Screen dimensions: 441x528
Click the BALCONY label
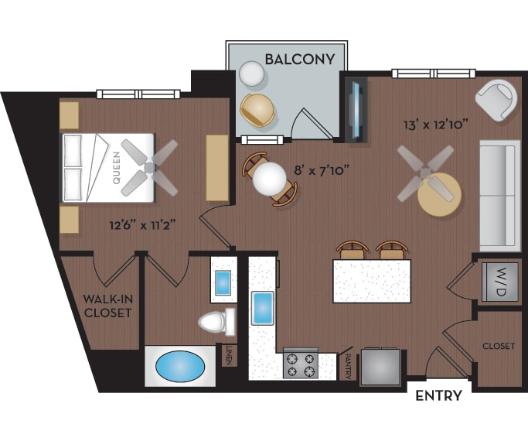click(299, 59)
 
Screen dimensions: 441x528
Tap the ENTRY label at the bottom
click(438, 396)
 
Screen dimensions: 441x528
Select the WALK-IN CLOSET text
click(108, 306)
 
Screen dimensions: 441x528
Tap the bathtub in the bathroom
click(182, 365)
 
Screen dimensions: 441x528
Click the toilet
click(216, 320)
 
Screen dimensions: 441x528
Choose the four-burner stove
click(301, 363)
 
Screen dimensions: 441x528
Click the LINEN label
click(229, 357)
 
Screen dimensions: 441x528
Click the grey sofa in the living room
click(499, 193)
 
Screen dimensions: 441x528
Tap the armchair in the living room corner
click(495, 98)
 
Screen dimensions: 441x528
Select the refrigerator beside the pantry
click(380, 365)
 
